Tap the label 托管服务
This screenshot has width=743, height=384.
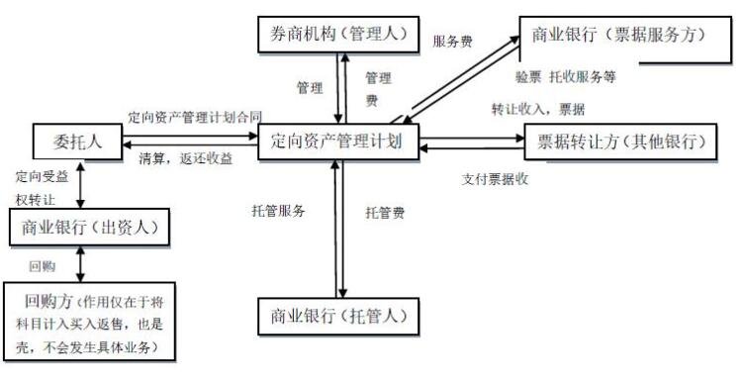(x=279, y=211)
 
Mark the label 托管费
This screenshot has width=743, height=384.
(x=384, y=212)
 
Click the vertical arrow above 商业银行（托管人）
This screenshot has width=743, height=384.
(x=339, y=228)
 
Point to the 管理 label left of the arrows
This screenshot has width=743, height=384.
(x=310, y=87)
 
